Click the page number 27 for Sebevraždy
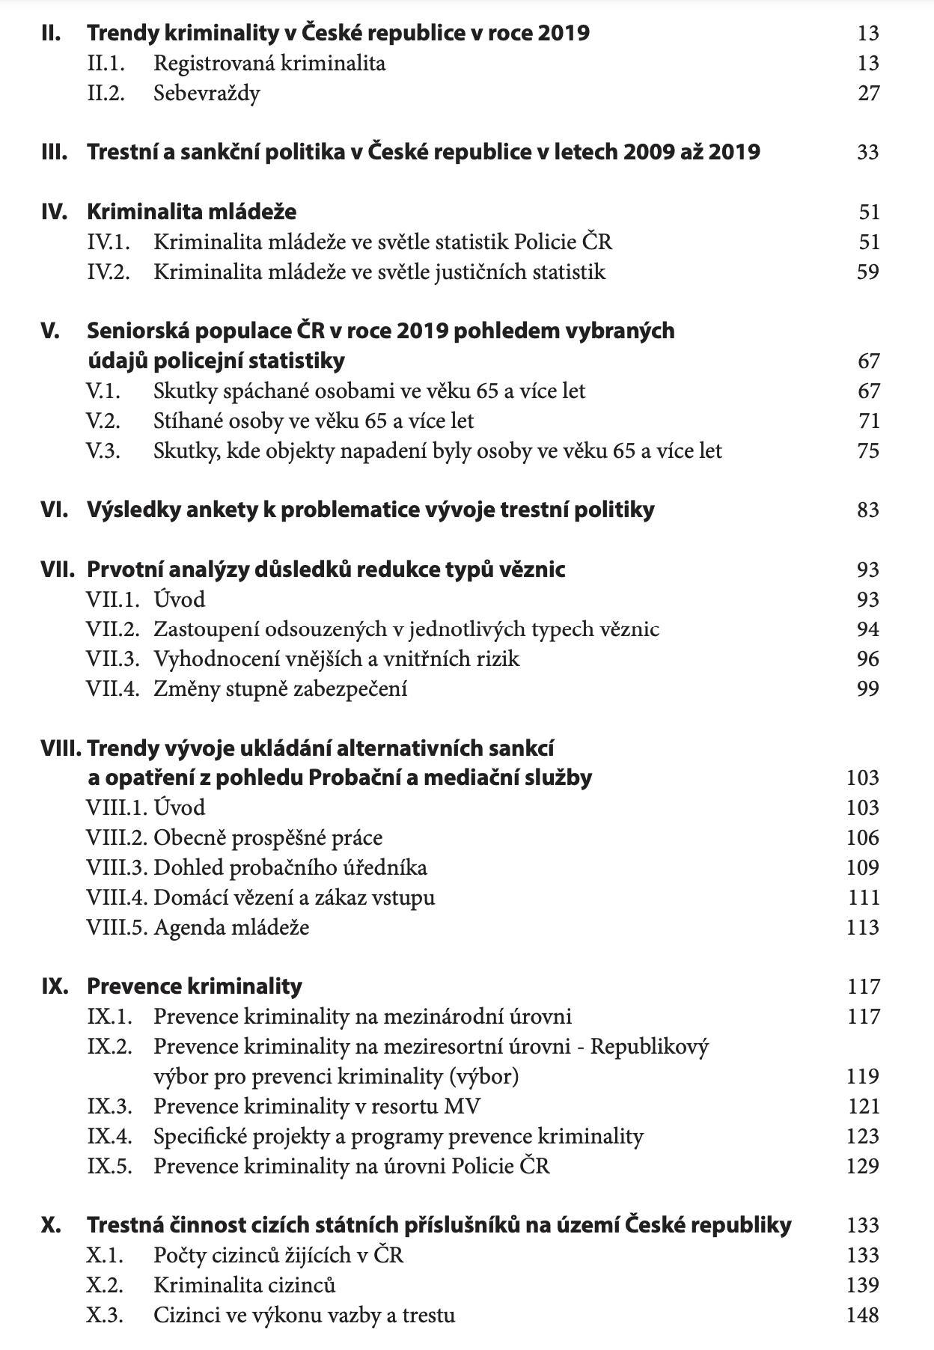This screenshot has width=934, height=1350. [868, 94]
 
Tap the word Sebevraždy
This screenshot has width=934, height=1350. [207, 94]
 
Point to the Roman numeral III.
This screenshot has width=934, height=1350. [54, 153]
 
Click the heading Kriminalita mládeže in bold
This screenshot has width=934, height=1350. [192, 213]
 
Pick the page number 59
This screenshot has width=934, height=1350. [867, 272]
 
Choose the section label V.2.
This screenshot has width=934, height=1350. [103, 421]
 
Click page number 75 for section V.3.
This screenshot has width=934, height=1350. [868, 451]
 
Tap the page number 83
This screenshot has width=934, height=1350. [868, 510]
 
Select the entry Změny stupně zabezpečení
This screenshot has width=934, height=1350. [281, 689]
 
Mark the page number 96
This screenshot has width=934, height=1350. [868, 659]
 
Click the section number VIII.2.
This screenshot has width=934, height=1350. [117, 838]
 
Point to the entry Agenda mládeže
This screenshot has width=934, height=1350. [231, 928]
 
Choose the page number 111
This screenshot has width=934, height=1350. [863, 898]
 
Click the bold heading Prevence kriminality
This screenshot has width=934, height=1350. [195, 987]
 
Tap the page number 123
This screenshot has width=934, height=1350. [863, 1137]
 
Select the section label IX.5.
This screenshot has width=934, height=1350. [109, 1167]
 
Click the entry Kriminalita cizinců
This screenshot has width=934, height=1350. [245, 1286]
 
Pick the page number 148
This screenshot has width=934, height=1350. [863, 1316]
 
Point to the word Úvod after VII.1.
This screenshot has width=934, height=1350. [180, 600]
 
